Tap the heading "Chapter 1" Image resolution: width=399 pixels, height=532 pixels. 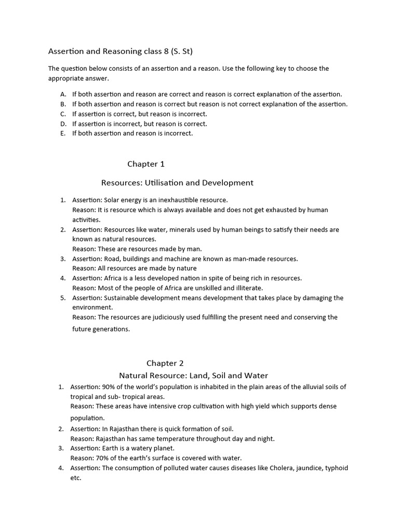[146, 164]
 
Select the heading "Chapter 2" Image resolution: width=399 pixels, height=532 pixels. [165, 363]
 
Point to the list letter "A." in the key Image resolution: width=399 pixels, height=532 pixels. [63, 95]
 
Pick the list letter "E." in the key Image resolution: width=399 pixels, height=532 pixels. [63, 134]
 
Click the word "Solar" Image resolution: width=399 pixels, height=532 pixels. [113, 200]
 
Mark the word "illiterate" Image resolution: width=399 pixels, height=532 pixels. [249, 288]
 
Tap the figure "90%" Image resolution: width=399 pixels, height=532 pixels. [110, 387]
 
